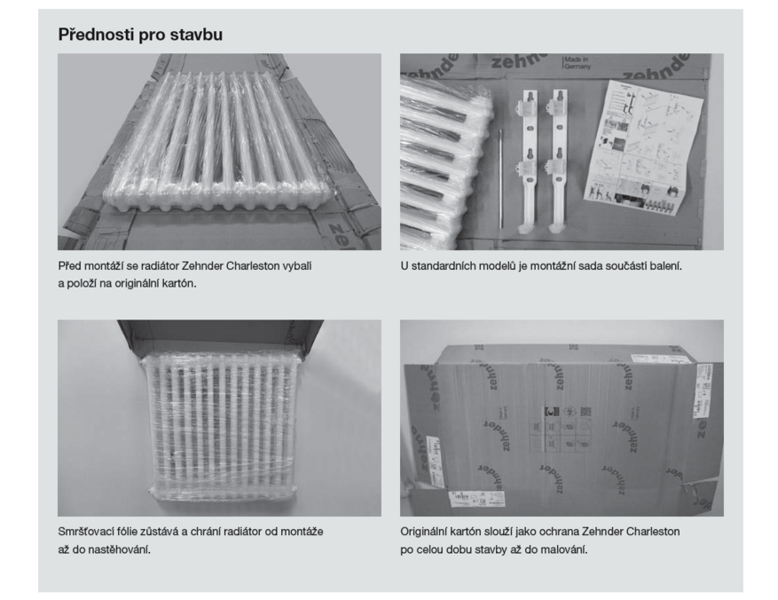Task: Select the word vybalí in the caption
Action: click(x=296, y=266)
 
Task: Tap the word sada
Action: click(x=580, y=266)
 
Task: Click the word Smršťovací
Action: click(x=85, y=532)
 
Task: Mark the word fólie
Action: click(x=126, y=532)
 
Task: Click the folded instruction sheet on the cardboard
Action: click(x=643, y=147)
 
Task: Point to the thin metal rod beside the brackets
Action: click(x=500, y=178)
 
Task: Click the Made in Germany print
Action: click(x=576, y=62)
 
